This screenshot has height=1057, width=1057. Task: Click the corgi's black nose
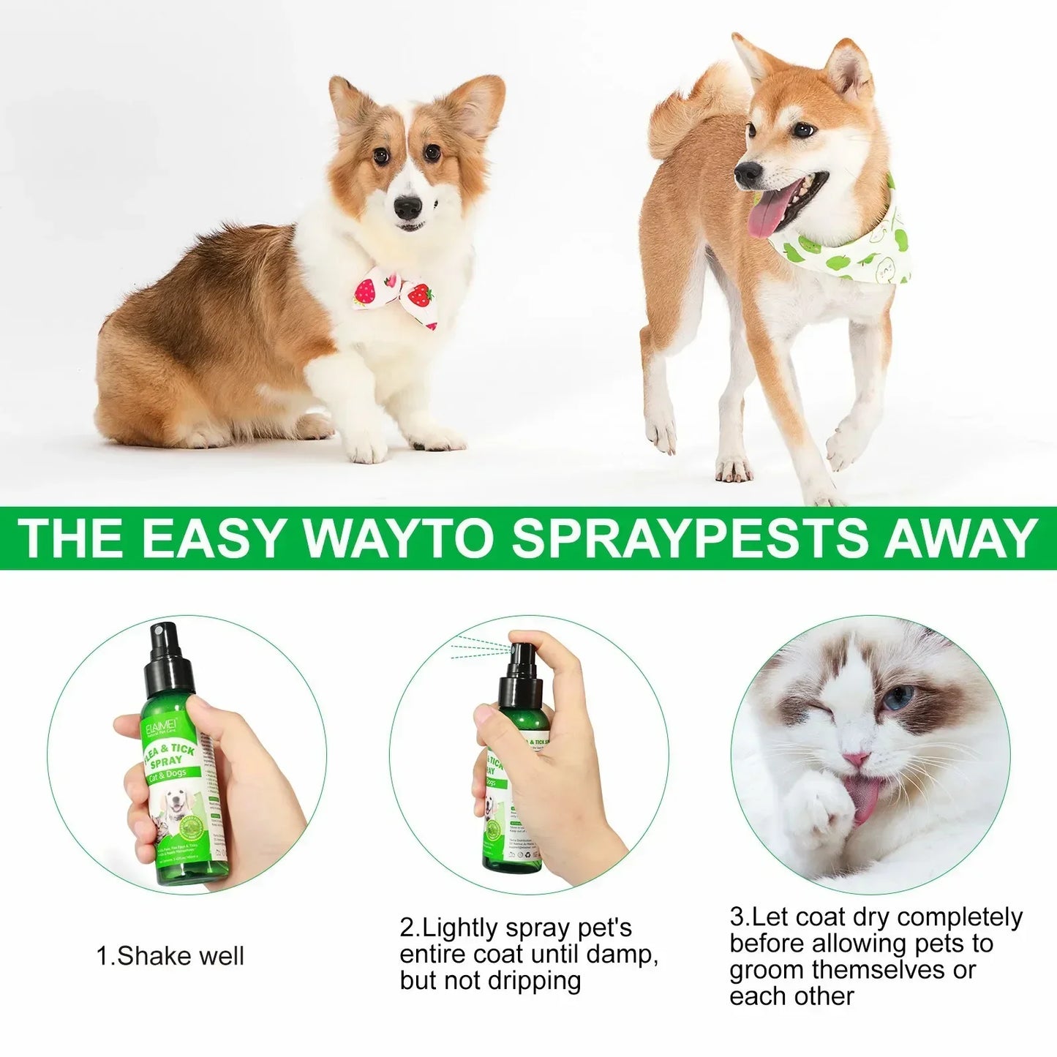[x=407, y=208]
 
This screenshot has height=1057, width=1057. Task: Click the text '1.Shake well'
[x=170, y=956]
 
